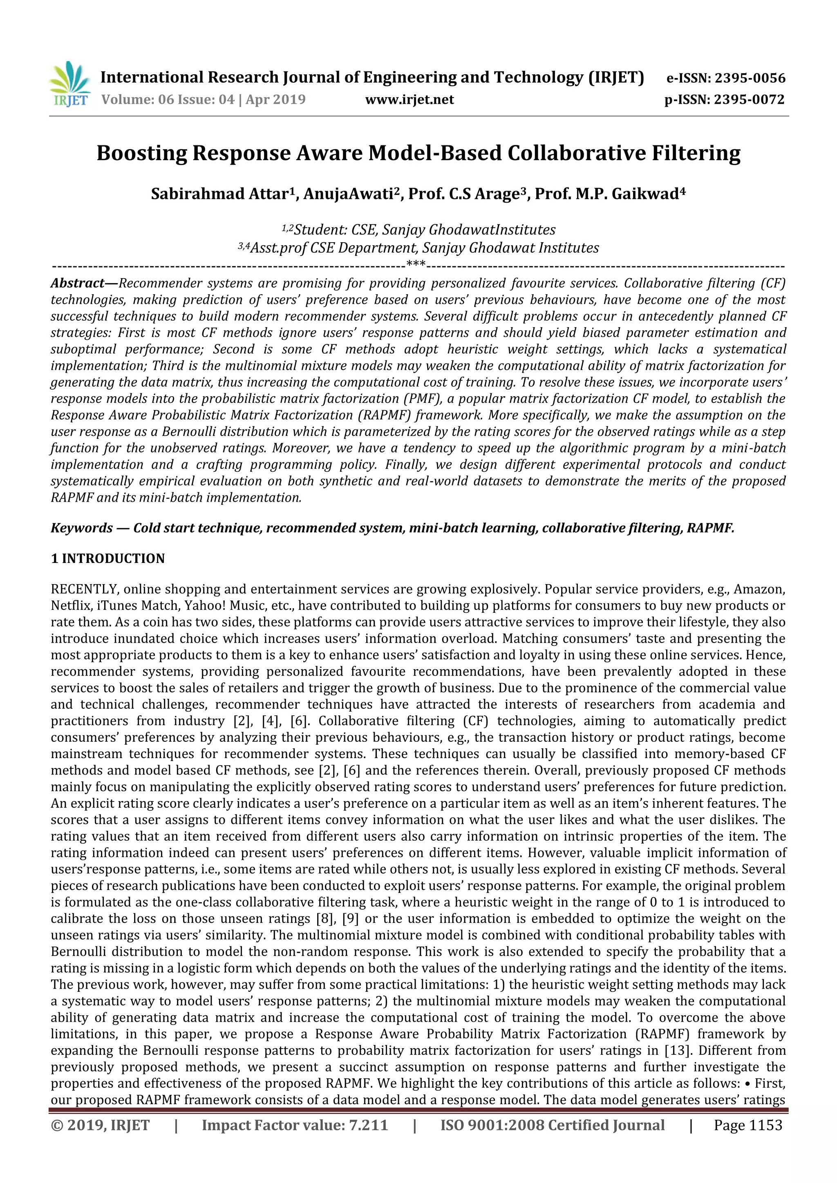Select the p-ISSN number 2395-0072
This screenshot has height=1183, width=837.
749,99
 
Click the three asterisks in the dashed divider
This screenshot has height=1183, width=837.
416,265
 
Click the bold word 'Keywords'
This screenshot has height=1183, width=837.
82,528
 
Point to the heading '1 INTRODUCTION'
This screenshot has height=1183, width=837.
108,558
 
